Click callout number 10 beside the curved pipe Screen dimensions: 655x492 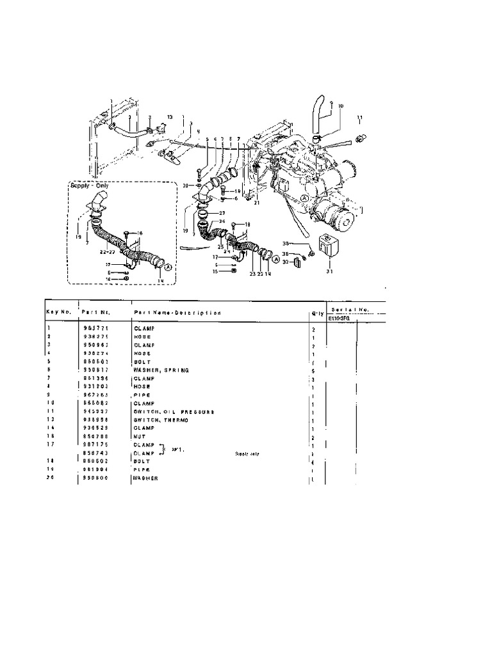click(340, 106)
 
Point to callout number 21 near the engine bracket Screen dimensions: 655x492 click(257, 203)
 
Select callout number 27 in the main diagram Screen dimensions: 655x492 click(222, 213)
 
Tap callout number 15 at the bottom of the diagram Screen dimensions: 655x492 click(216, 271)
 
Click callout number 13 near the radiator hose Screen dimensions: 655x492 click(170, 117)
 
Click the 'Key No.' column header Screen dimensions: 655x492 click(58, 312)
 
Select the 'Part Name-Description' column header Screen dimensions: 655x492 click(177, 313)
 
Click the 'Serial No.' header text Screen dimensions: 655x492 click(356, 309)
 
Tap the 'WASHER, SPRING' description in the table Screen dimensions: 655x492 click(161, 370)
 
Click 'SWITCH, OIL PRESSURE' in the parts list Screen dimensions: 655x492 click(174, 412)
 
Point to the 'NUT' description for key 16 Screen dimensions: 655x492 click(140, 437)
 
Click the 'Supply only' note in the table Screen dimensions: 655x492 click(247, 453)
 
